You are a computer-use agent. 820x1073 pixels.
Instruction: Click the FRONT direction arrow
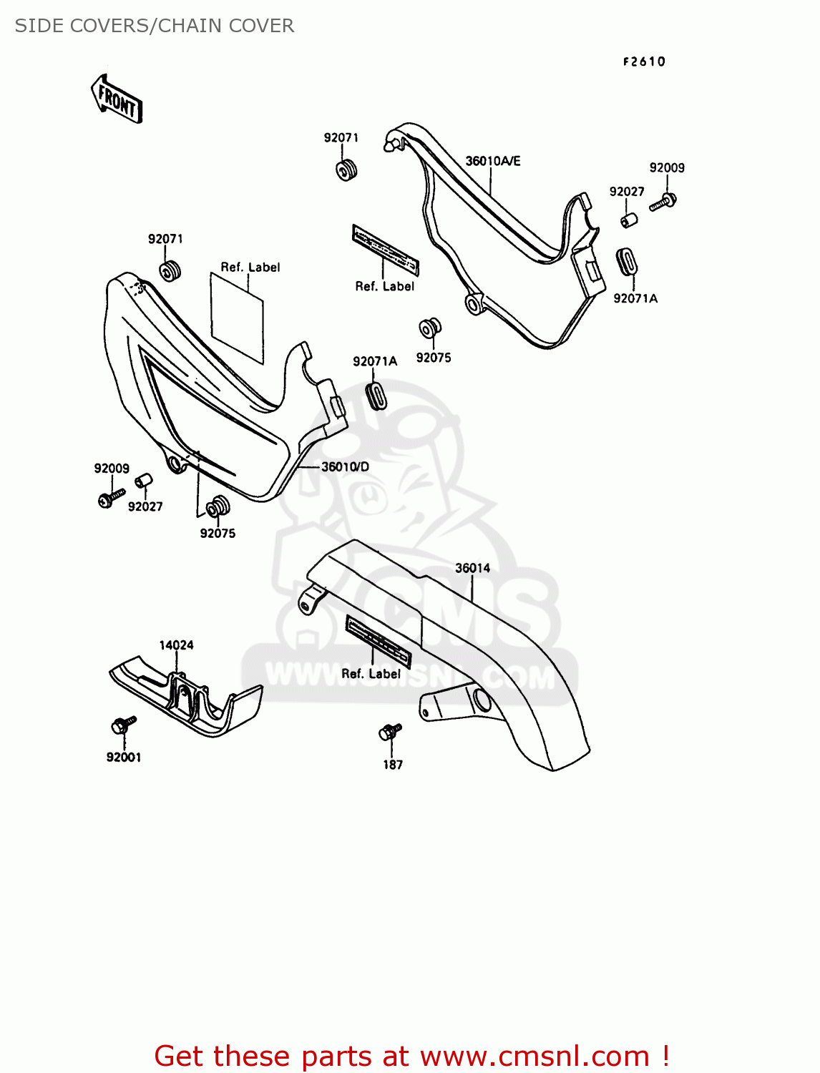pyautogui.click(x=117, y=99)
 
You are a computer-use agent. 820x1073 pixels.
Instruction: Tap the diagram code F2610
pyautogui.click(x=644, y=62)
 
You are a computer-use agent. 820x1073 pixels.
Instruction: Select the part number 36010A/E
pyautogui.click(x=493, y=161)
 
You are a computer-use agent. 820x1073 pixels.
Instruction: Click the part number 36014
pyautogui.click(x=473, y=568)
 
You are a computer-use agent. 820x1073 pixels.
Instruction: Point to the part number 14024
pyautogui.click(x=176, y=645)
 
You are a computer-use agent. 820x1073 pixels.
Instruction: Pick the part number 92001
pyautogui.click(x=124, y=757)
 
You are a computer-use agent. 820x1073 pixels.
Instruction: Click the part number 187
pyautogui.click(x=393, y=765)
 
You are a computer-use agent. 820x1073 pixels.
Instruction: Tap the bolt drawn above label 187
pyautogui.click(x=389, y=732)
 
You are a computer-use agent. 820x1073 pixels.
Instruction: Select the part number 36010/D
pyautogui.click(x=345, y=466)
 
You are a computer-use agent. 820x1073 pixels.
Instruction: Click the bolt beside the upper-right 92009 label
pyautogui.click(x=663, y=202)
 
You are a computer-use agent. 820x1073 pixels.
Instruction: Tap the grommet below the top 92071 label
pyautogui.click(x=347, y=171)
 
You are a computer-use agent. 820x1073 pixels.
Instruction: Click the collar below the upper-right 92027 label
pyautogui.click(x=629, y=219)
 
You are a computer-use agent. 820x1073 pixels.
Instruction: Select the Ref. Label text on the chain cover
pyautogui.click(x=371, y=674)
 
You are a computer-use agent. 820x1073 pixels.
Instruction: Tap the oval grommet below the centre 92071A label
pyautogui.click(x=376, y=395)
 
